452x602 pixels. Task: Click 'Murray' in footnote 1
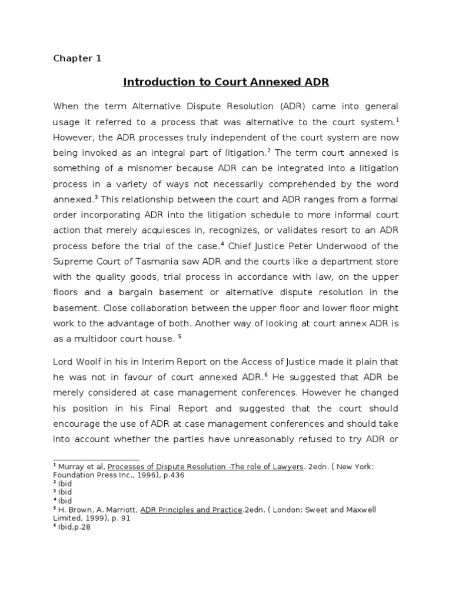(72, 467)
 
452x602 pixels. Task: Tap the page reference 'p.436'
(172, 475)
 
